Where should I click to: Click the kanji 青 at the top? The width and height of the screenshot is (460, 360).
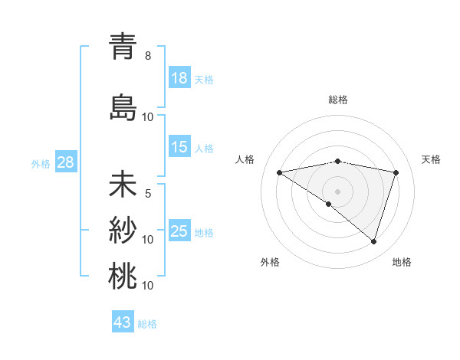pos(123,47)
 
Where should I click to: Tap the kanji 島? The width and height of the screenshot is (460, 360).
pos(123,107)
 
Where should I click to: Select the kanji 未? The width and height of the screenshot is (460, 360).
pos(123,185)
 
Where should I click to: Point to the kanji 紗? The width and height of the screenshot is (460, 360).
pos(123,230)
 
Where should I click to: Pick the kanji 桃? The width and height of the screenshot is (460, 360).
pos(123,276)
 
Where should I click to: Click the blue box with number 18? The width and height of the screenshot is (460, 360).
pos(179,78)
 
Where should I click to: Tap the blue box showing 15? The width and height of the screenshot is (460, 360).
pos(179,147)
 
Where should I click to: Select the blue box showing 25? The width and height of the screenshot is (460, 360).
pos(179,231)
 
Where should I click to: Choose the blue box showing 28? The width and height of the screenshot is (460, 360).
pos(64,162)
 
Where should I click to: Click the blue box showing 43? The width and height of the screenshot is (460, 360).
pos(123,322)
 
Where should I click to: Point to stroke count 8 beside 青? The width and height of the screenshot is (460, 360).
pos(148,56)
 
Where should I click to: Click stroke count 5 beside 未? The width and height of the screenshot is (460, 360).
pos(148,194)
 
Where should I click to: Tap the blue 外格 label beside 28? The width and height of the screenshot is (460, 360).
pos(41,163)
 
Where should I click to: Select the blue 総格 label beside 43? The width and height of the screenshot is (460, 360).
pos(147,323)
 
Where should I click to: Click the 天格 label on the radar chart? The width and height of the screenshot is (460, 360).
pos(432,159)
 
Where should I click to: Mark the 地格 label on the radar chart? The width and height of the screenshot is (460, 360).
pos(402,262)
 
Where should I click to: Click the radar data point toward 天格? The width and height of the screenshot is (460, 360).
pos(396,172)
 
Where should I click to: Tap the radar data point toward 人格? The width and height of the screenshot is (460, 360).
pos(280,172)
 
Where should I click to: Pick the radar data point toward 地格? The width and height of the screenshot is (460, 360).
pos(373,241)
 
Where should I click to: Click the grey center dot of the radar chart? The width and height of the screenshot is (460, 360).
pos(337,191)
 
